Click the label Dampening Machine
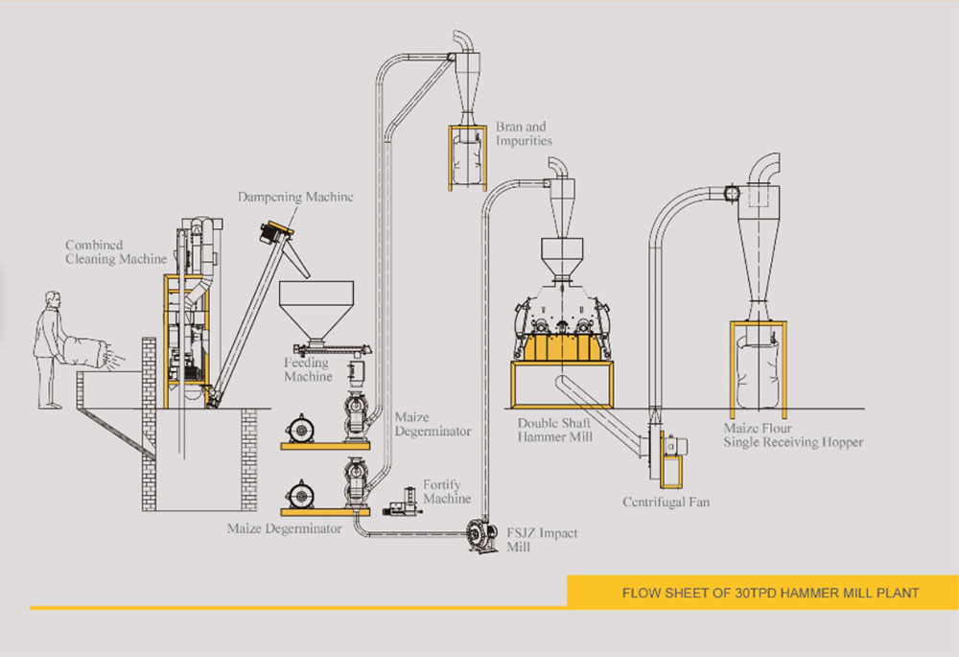point(295,197)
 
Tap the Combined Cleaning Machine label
point(115,251)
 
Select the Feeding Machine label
point(307,369)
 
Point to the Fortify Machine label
point(447,492)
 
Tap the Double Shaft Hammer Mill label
point(555,429)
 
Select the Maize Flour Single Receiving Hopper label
point(794,435)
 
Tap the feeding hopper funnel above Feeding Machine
point(316,306)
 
